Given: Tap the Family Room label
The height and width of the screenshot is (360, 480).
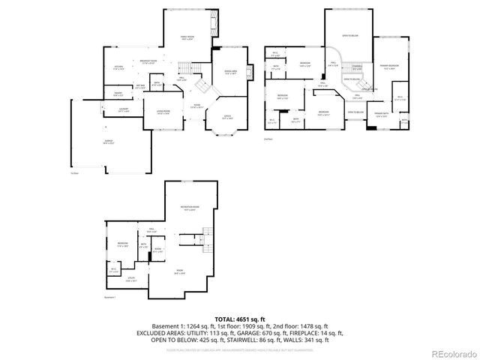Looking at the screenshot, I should [x=187, y=38].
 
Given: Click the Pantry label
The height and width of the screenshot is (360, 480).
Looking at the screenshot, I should [x=118, y=94].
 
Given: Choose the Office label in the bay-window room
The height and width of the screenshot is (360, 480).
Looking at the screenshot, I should [x=227, y=118].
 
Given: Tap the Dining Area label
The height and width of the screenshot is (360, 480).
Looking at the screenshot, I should [x=230, y=73].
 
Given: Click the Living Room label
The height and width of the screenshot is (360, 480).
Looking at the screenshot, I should [x=163, y=112].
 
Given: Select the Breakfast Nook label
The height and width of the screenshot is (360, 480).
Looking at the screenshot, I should [x=148, y=63].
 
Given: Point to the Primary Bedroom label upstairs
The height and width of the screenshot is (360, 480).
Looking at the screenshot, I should [x=388, y=67].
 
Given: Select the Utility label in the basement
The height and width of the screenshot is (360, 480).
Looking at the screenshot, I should [x=130, y=279].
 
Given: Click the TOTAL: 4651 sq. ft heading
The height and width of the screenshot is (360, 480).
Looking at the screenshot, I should [x=239, y=319].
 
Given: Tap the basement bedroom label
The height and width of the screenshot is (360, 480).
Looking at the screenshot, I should [x=122, y=244].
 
